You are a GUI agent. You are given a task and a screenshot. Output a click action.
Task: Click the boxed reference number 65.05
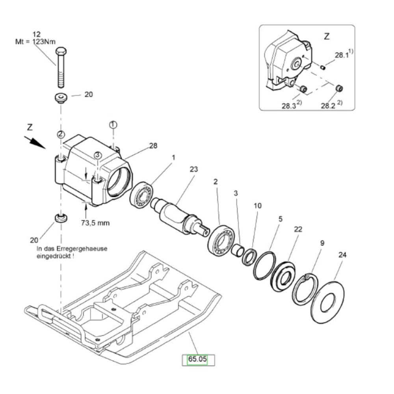pos(197,359)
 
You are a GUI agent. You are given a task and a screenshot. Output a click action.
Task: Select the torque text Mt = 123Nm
pos(35,41)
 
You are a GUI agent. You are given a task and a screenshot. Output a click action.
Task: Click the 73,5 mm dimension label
pos(95,223)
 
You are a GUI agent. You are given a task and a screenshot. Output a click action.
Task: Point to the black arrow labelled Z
pos(35,142)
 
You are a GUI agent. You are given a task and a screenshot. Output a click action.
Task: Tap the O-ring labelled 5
pos(265,265)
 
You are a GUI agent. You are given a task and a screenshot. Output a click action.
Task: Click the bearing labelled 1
pos(142,195)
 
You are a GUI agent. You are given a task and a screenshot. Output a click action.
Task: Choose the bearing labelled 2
pos(221,239)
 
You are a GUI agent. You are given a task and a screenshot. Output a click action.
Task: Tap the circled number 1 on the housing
pos(113,125)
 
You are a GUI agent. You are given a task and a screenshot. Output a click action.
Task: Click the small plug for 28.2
pos(340,88)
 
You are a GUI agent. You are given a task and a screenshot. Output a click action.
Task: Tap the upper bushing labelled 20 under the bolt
pos(61,98)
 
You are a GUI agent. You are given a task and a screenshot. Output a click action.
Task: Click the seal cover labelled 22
pos(283,277)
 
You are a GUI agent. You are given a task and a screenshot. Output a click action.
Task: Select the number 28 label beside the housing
pos(153,146)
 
